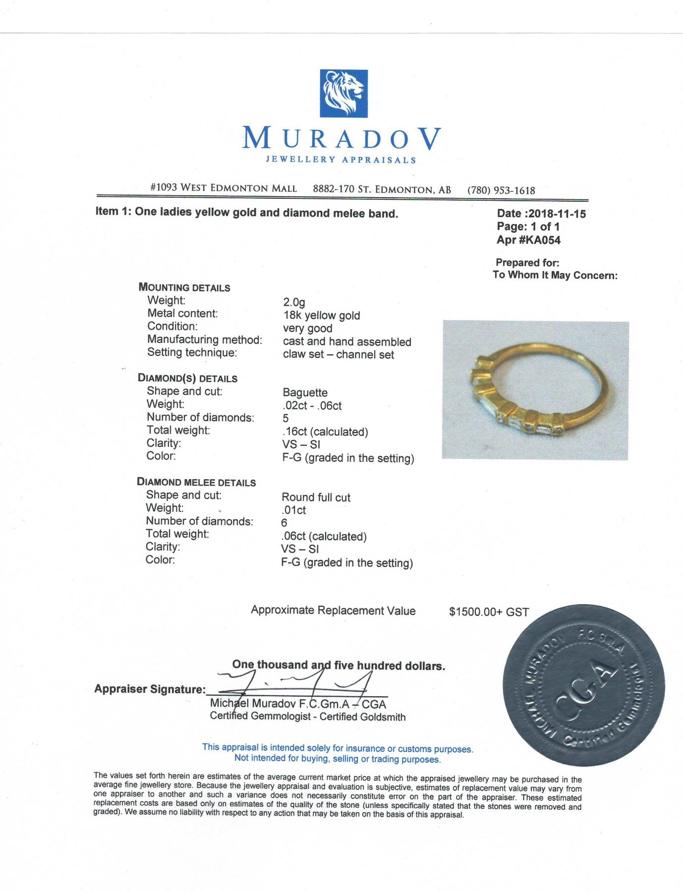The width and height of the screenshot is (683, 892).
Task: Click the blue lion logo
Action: point(343,94)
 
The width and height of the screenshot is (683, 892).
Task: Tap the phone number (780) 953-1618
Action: point(501,190)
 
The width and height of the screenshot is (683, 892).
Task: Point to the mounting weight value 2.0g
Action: point(294,302)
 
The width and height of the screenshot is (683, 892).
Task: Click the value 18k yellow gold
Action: point(321,316)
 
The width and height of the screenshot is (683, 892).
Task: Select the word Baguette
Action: point(305,392)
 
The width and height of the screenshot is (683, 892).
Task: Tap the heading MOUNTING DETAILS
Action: point(184,287)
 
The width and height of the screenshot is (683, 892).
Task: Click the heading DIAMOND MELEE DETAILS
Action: point(196,482)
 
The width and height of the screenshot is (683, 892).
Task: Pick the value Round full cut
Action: point(316,498)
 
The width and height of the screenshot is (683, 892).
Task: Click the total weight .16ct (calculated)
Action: point(325,432)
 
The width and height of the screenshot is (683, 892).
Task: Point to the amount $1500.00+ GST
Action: point(489,612)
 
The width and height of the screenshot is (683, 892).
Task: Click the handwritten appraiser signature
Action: point(297,683)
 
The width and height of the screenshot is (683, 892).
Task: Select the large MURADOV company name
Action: point(341,138)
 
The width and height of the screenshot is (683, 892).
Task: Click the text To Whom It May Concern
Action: point(555,276)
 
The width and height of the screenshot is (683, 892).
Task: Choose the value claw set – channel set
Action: point(338,355)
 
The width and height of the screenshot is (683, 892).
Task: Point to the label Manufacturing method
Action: point(204,340)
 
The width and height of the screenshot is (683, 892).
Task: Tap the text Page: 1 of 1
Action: point(528,227)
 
